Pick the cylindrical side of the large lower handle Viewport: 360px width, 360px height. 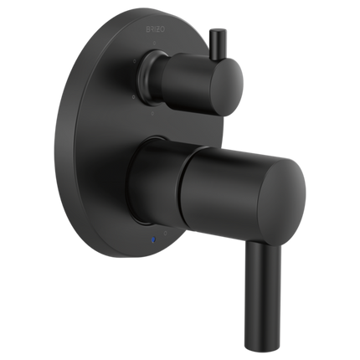(x=209, y=180)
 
